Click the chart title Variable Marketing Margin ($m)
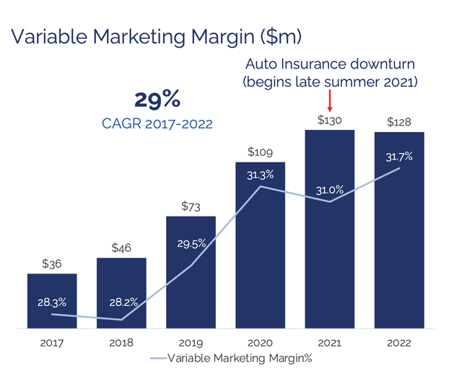(156, 37)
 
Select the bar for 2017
(52, 301)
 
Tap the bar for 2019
(191, 272)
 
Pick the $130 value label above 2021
(329, 121)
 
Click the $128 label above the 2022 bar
(399, 122)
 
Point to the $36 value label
(52, 263)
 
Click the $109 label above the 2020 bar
(260, 152)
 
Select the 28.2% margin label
(123, 302)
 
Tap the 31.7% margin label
(399, 157)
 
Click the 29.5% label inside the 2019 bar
(191, 244)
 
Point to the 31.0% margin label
(330, 190)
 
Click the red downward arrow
(330, 100)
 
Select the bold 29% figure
(157, 100)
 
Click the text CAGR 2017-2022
(157, 123)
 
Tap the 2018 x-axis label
(121, 343)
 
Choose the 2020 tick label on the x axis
(260, 343)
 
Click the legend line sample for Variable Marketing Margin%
(159, 359)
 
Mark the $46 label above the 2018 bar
(121, 248)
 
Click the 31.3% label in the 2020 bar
(260, 175)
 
